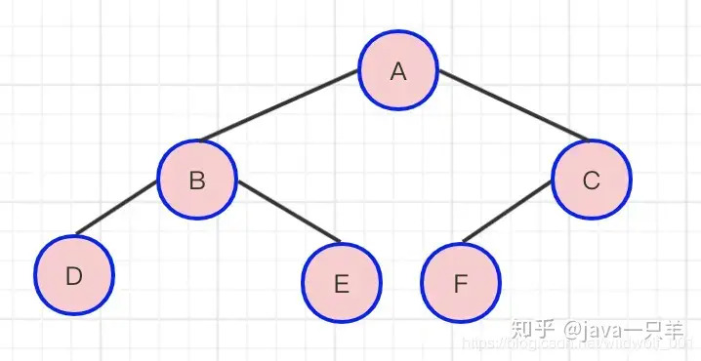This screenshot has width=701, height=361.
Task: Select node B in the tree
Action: tap(197, 180)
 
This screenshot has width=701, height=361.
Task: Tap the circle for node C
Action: tap(591, 180)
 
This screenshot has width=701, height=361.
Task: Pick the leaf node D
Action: tap(74, 275)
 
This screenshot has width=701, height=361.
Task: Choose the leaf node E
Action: tap(341, 283)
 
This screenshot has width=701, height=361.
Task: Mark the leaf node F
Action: tap(461, 283)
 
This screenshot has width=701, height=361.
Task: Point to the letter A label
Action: tap(397, 71)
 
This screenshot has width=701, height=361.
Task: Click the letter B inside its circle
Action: tap(197, 180)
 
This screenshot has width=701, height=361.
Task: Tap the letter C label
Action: tap(591, 180)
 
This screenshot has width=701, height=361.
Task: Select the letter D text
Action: tap(74, 276)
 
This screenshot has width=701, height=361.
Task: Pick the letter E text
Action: tap(341, 284)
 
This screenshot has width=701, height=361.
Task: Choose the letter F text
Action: tap(461, 284)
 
